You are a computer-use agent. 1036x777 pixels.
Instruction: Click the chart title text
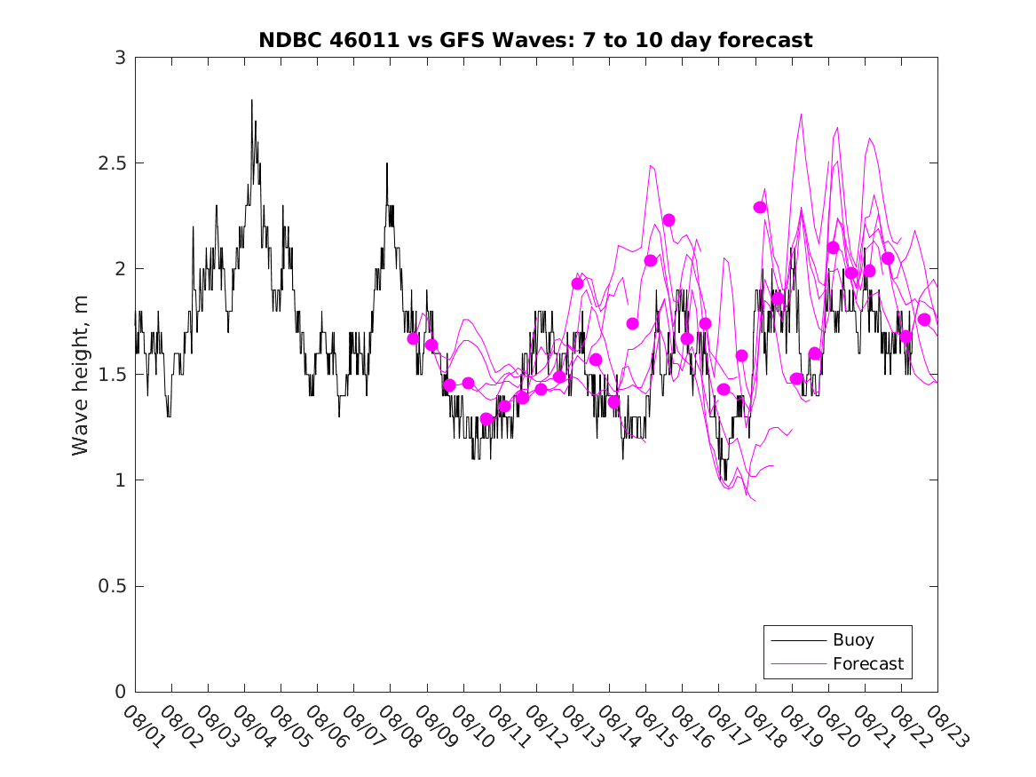point(535,40)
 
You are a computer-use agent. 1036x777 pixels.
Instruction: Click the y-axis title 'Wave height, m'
point(81,375)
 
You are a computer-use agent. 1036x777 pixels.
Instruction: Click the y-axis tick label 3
point(119,58)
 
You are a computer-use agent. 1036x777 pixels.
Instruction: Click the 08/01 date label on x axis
point(142,726)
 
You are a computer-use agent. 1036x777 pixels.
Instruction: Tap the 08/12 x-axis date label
point(543,726)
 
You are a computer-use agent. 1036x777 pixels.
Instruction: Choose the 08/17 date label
point(726,726)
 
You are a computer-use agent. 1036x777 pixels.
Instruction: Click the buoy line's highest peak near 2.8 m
point(251,100)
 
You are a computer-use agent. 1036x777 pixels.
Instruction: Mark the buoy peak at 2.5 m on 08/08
point(386,163)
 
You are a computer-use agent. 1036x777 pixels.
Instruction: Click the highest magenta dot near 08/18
point(760,207)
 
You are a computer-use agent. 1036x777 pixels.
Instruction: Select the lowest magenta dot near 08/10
point(486,419)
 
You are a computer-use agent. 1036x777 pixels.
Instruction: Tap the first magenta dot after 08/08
point(413,338)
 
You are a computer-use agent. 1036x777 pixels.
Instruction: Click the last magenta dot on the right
point(923,320)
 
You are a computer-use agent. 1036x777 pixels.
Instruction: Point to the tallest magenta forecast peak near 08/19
point(801,115)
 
